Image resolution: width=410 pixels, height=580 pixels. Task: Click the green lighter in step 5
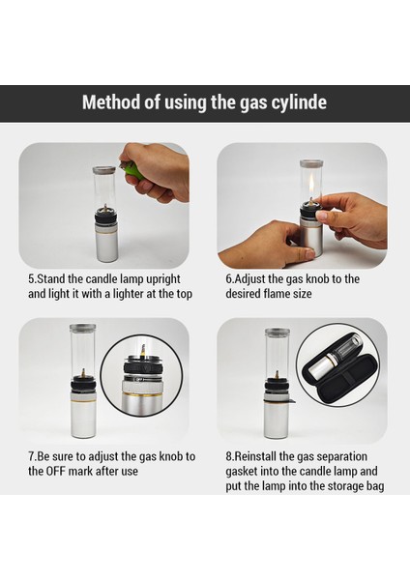click(132, 171)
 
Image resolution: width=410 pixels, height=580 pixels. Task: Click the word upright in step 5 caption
click(162, 279)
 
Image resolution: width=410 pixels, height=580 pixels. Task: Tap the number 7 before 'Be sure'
click(31, 456)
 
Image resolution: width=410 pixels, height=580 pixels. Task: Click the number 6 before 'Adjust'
click(228, 279)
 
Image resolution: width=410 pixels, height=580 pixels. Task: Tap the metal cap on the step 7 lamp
click(82, 328)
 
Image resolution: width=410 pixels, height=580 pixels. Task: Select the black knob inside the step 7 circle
click(143, 368)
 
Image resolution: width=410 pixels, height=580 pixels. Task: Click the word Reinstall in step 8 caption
click(255, 456)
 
